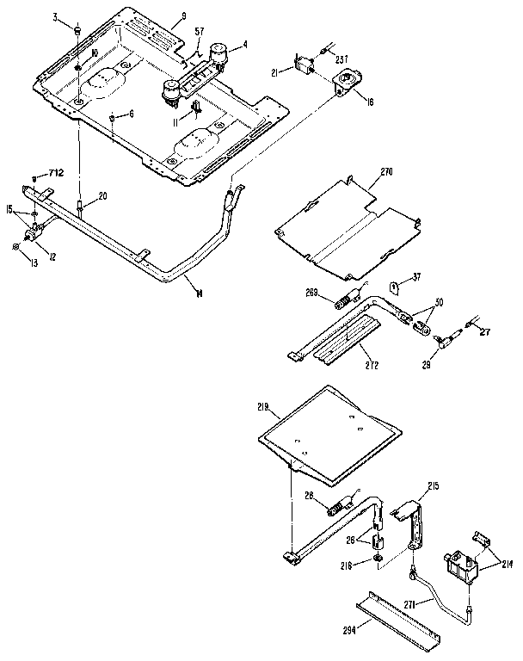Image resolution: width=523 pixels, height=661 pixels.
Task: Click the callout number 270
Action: pos(385,172)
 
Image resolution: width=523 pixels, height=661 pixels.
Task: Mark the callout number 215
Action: pos(433,486)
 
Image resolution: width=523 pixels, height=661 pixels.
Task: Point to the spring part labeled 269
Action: pos(343,303)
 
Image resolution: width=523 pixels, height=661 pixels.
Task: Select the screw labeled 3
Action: pos(77,31)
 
